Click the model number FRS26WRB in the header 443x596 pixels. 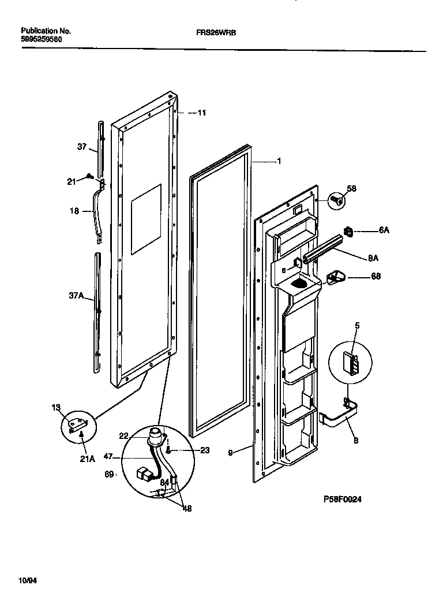click(212, 33)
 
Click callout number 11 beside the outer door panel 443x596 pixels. click(201, 113)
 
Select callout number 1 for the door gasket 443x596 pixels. click(279, 162)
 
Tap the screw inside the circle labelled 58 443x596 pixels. click(336, 201)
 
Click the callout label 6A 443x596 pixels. click(384, 230)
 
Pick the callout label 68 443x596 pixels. click(376, 277)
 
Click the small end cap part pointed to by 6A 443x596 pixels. click(349, 231)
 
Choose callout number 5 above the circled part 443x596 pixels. click(357, 326)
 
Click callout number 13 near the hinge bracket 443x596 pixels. click(56, 408)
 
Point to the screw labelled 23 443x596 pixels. click(168, 450)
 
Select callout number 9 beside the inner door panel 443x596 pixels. click(230, 454)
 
